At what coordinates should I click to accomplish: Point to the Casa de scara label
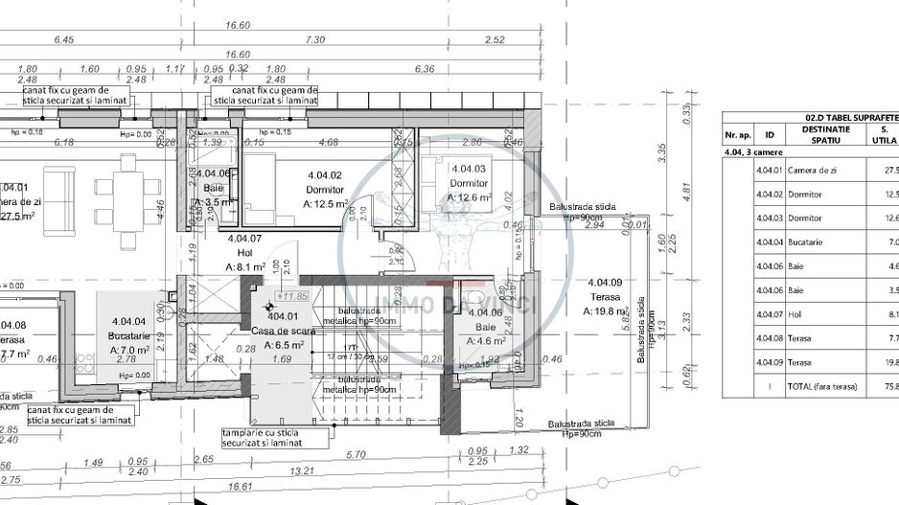pos(277,330)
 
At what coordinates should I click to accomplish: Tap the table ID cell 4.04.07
pos(769,314)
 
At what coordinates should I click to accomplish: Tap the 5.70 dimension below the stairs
pos(356,454)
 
